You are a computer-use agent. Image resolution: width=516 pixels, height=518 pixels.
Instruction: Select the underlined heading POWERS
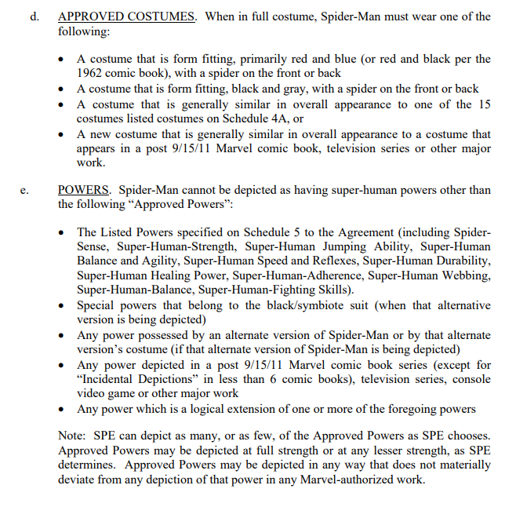pos(86,190)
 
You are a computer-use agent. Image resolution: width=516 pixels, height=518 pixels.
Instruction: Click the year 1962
pos(91,73)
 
